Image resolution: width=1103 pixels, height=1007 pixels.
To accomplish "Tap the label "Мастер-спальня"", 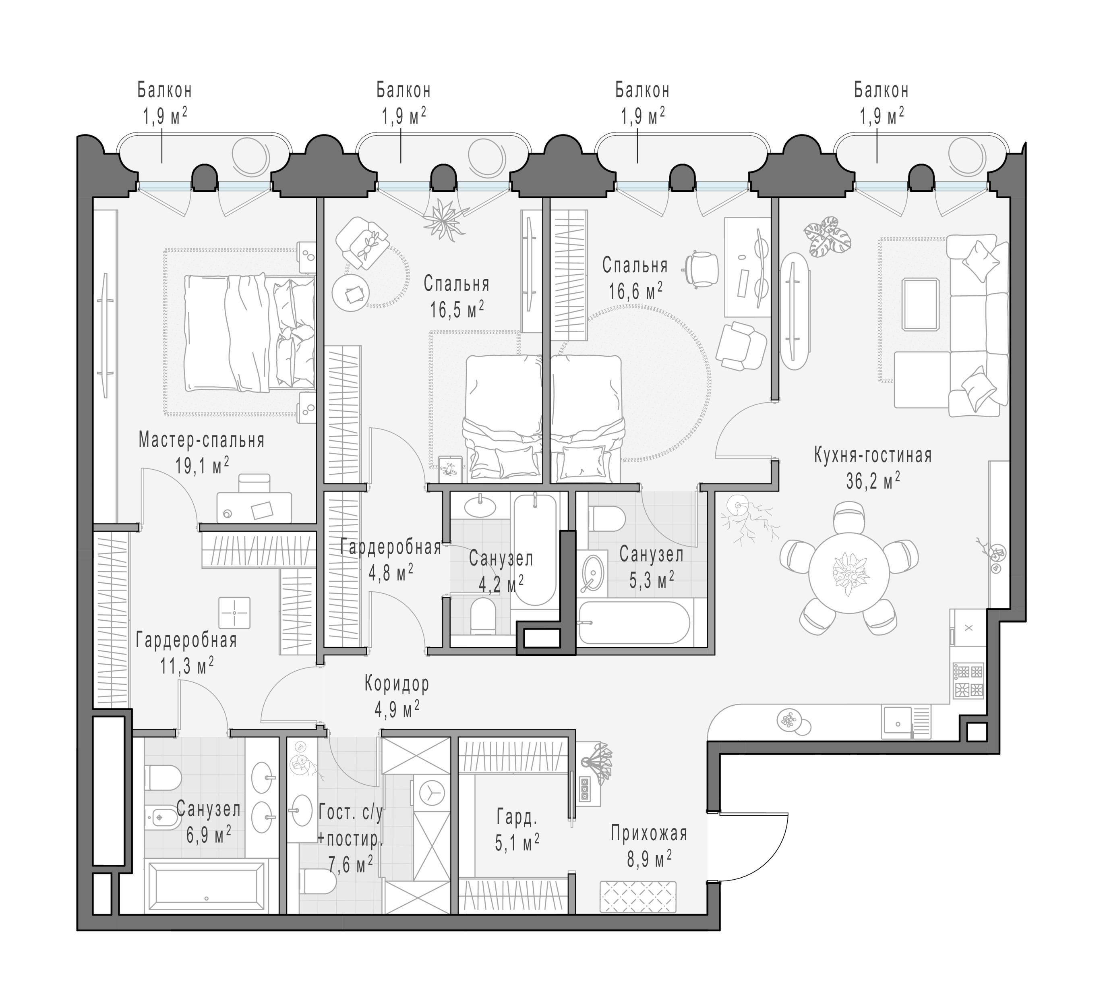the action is (x=201, y=440).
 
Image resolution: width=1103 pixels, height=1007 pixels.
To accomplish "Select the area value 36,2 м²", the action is (x=873, y=481).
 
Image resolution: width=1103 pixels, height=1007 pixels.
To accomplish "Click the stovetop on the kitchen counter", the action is (x=968, y=681).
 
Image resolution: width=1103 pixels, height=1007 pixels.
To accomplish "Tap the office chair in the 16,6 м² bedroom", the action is (x=702, y=269).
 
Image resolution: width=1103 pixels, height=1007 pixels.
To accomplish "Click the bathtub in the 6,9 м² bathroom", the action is (x=206, y=887).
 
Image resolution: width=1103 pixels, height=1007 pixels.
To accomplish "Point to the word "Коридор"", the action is (x=397, y=684).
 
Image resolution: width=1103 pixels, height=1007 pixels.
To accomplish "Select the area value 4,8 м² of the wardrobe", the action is (x=391, y=573).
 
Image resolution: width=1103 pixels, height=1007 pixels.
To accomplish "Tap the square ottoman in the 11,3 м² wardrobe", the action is (x=234, y=612).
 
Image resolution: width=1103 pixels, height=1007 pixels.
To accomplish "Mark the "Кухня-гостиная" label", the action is (x=873, y=455).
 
